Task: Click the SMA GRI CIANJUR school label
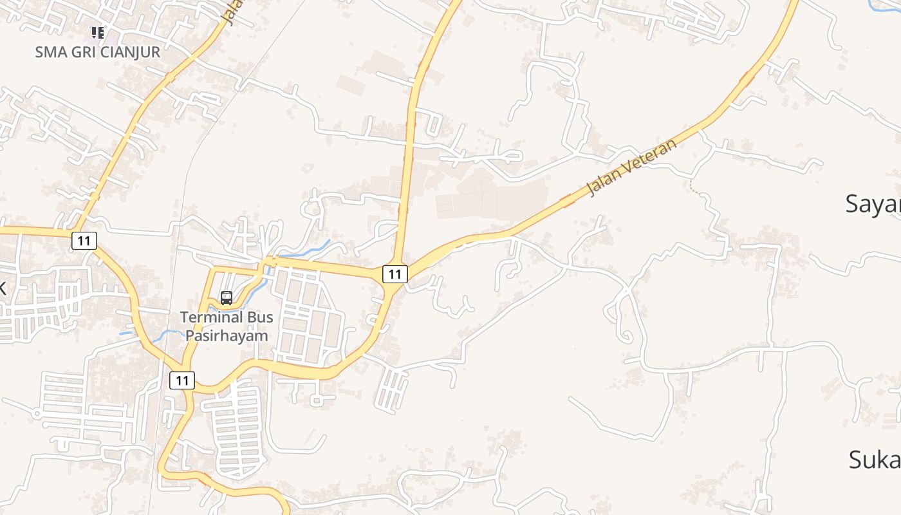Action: pos(97,52)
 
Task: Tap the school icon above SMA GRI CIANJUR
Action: pos(97,32)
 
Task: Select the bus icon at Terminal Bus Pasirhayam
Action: pos(227,297)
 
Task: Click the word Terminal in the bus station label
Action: pos(208,317)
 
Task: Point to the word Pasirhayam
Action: pos(227,335)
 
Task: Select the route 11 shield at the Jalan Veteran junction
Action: pos(395,274)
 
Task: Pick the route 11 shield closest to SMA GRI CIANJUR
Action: pos(84,241)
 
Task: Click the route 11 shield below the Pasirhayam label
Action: pos(182,380)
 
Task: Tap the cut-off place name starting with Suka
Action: pos(875,460)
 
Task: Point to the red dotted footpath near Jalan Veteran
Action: pos(694,187)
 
